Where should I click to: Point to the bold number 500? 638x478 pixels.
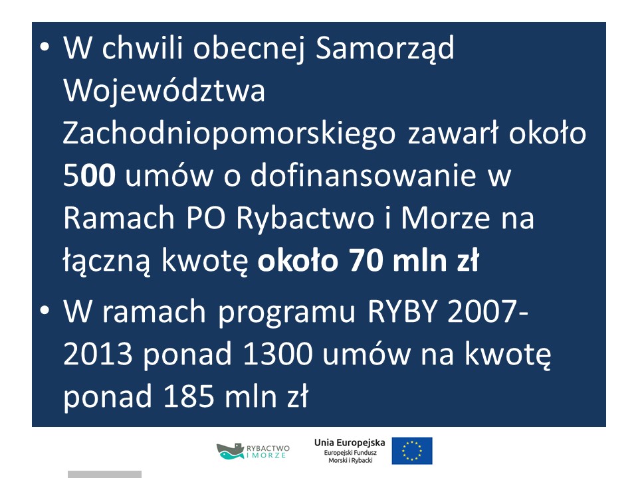[89, 175]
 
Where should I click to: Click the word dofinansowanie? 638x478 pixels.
[363, 175]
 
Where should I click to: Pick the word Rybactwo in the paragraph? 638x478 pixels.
[305, 218]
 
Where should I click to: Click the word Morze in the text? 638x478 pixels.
[445, 218]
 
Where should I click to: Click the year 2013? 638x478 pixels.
[98, 354]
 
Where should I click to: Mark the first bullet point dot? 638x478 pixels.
[45, 47]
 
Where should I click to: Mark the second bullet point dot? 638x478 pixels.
[45, 310]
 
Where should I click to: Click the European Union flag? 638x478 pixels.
[412, 451]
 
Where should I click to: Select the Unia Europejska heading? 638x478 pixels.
[350, 443]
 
